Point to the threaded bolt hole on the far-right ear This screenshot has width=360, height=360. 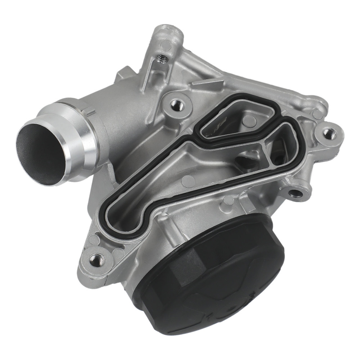(328, 132)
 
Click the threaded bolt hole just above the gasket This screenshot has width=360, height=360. (178, 105)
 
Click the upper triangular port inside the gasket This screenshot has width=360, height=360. (230, 122)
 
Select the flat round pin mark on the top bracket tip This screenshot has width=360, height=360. (166, 45)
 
